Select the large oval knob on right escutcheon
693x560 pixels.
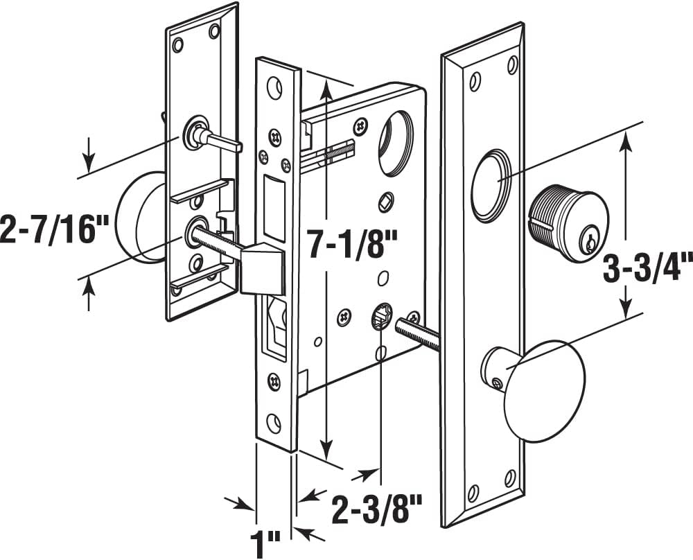tap(544, 390)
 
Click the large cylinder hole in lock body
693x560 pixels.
tap(396, 143)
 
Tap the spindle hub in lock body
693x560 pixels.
tap(380, 318)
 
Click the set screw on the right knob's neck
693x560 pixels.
tap(496, 380)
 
